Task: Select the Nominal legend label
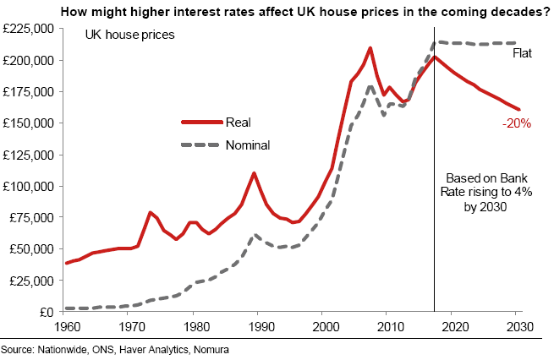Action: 248,145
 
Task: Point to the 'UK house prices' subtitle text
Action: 129,35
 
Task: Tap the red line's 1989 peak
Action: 254,173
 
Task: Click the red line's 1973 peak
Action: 150,212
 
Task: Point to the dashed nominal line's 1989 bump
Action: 255,236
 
